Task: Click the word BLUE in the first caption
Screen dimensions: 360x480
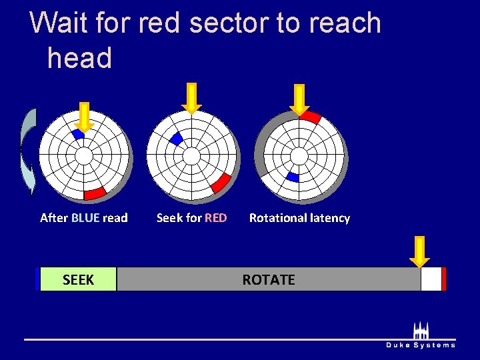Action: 85,218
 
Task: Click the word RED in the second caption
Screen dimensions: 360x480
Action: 215,218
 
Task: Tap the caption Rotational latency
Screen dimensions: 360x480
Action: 299,218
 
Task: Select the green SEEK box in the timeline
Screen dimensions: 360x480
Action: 78,280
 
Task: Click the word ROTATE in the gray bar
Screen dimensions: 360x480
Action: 268,280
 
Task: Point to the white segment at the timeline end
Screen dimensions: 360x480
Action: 431,280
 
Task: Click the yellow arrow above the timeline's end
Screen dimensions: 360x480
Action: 419,251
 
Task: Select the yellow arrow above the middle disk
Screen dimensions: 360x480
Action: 191,97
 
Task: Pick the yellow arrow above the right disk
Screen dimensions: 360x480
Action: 299,99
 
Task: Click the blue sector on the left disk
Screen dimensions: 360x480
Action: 79,134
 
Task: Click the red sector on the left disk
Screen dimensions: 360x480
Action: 95,193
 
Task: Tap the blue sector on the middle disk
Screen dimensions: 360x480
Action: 177,139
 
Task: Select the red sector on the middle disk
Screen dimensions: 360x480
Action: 221,181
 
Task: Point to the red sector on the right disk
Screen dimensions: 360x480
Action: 310,117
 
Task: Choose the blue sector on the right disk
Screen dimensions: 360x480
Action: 293,177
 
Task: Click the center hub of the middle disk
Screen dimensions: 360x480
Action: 191,156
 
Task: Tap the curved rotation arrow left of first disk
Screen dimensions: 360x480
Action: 28,152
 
